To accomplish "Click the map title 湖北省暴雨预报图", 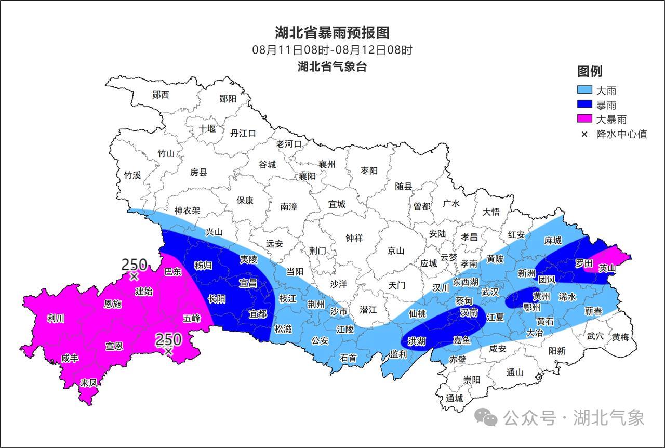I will click(332, 33).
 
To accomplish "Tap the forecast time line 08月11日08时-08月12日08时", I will click(332, 50).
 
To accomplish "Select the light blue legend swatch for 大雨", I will click(584, 90).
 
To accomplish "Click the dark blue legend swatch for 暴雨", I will click(584, 105).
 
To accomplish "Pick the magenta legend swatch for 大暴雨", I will click(584, 120).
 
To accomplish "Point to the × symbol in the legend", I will click(584, 134).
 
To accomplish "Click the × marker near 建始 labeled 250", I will click(134, 277).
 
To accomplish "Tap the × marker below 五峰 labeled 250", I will click(168, 352).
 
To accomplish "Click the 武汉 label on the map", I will click(490, 293).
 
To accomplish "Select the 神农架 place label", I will click(187, 211).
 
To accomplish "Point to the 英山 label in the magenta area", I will click(606, 268).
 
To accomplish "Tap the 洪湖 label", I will click(416, 341).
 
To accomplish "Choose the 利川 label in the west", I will click(56, 319).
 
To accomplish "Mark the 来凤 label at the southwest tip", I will click(89, 383).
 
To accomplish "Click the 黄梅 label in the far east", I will click(620, 337).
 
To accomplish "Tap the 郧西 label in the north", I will click(161, 95).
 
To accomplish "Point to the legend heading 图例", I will click(589, 72).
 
